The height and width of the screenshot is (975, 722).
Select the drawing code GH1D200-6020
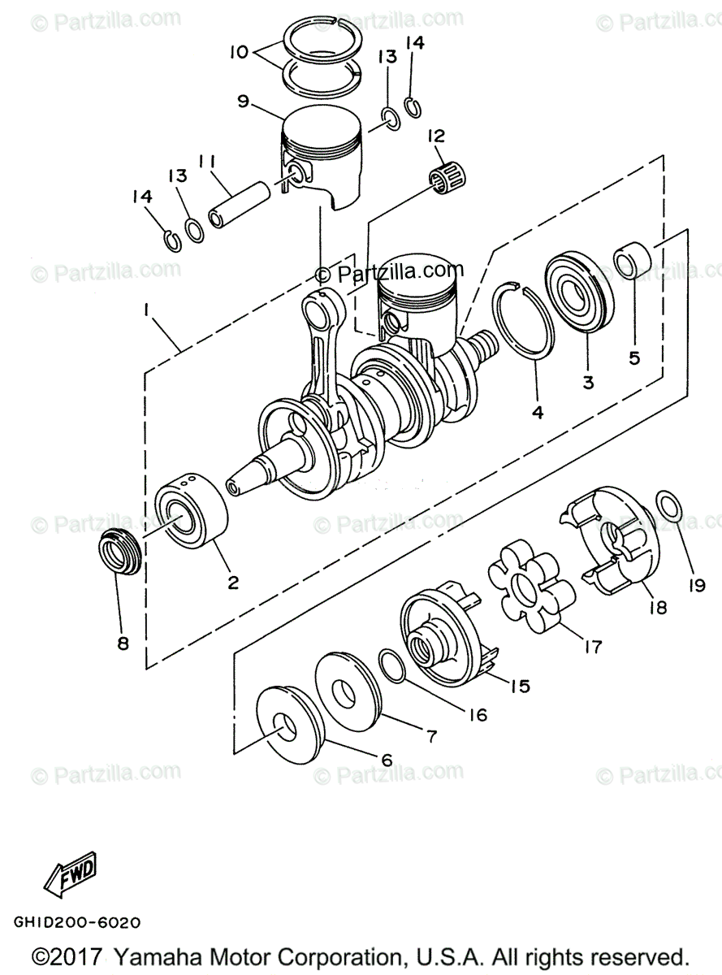click(77, 923)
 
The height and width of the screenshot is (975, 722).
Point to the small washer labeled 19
click(668, 505)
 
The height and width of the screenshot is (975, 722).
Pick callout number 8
click(123, 643)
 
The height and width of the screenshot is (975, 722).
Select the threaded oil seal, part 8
click(119, 555)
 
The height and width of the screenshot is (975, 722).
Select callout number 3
click(587, 381)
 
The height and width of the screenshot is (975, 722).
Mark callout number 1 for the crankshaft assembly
click(146, 310)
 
